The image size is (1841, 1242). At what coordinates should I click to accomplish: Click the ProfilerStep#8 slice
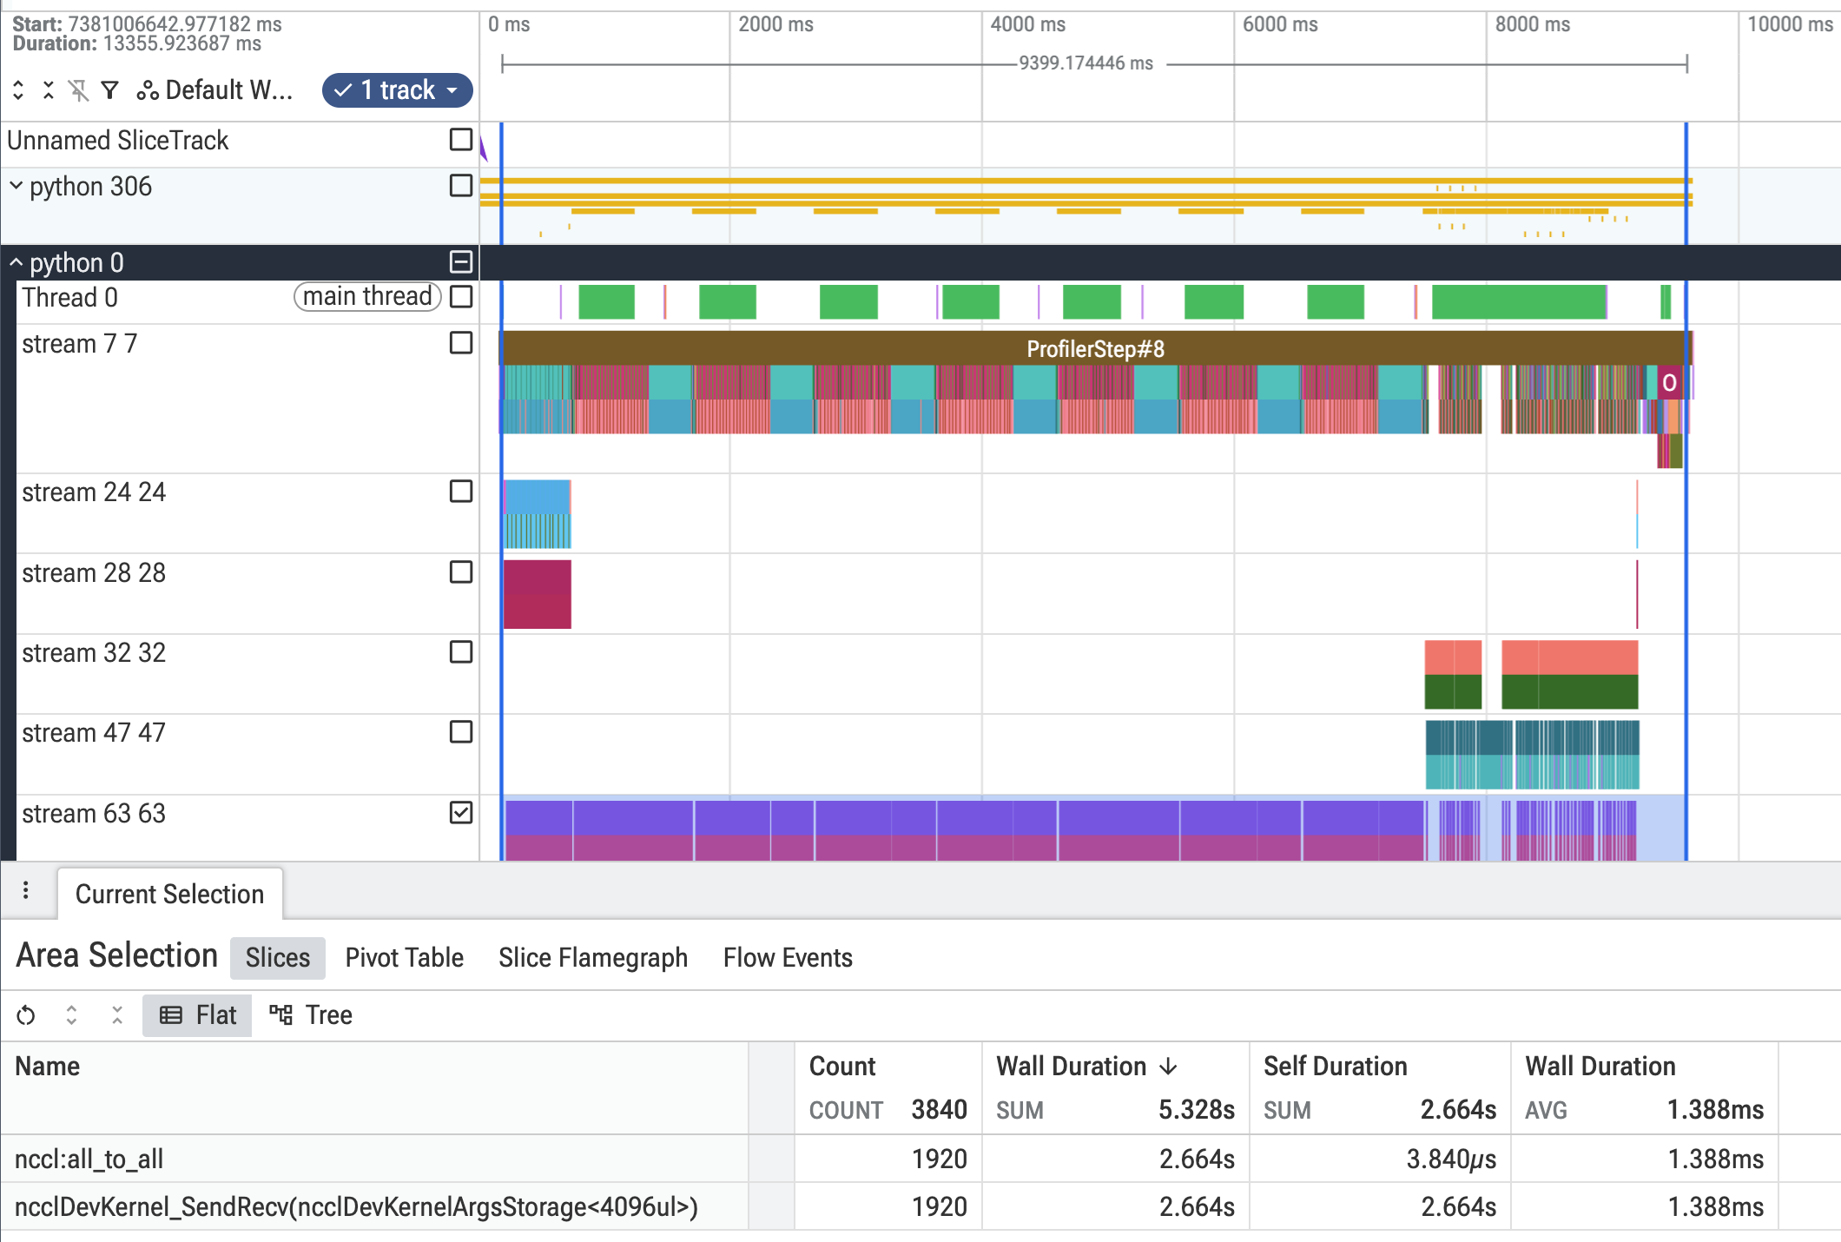tap(1095, 348)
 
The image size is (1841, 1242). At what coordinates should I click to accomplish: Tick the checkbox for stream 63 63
tap(461, 813)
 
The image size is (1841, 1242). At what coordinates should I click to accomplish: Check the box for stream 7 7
tap(461, 343)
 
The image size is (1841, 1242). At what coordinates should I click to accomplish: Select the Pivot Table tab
tap(404, 957)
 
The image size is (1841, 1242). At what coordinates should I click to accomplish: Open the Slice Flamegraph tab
tap(592, 957)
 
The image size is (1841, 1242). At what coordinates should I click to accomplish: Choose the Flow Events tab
tap(788, 957)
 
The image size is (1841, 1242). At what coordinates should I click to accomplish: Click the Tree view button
tap(311, 1014)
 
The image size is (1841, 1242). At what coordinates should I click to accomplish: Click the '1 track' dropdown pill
tap(398, 90)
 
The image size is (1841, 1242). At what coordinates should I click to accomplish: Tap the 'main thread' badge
tap(367, 296)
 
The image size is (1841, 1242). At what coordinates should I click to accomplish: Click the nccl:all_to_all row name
tap(89, 1159)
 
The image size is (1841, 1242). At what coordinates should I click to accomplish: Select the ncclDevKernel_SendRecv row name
tap(356, 1206)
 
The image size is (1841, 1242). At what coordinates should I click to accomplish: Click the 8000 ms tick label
tap(1533, 24)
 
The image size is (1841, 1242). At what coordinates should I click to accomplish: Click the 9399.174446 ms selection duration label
tap(1085, 63)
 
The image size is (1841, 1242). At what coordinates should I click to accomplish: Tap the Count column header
tap(842, 1066)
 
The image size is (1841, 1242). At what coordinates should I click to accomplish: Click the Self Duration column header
tap(1336, 1066)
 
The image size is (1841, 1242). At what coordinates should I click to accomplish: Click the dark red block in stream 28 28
tap(538, 594)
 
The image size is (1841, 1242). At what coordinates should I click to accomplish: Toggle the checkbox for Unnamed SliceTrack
tap(461, 140)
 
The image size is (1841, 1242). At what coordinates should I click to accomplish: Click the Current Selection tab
tap(169, 894)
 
